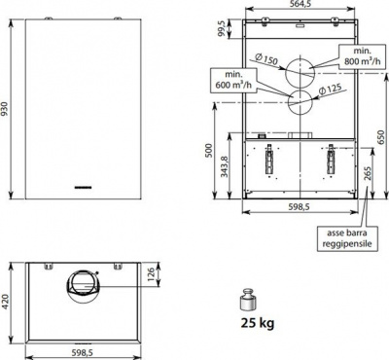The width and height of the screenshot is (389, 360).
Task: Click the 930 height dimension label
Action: click(x=4, y=109)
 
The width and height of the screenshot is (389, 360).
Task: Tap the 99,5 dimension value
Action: click(x=222, y=29)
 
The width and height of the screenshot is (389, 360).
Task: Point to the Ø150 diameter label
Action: click(x=266, y=59)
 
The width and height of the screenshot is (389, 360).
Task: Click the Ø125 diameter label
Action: click(x=331, y=90)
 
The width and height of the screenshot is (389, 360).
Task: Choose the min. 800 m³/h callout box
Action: click(x=362, y=56)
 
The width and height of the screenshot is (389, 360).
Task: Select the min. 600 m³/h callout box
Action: click(x=233, y=80)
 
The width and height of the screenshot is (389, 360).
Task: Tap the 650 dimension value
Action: click(x=381, y=137)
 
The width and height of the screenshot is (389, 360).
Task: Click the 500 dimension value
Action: click(x=209, y=150)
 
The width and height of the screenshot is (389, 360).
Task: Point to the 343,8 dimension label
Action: click(x=224, y=165)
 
